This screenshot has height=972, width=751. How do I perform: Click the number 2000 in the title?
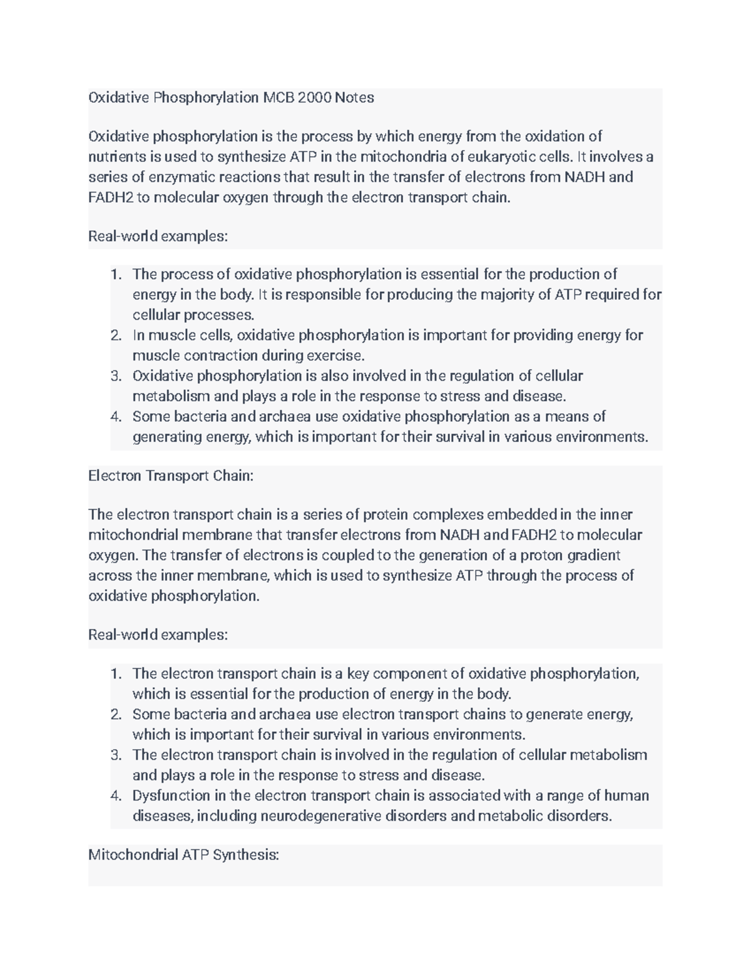(314, 98)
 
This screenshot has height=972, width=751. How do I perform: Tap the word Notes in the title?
(354, 98)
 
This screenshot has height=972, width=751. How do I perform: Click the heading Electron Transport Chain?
(171, 476)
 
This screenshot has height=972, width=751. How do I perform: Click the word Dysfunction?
(171, 796)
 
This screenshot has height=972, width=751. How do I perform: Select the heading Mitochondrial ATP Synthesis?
(183, 854)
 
